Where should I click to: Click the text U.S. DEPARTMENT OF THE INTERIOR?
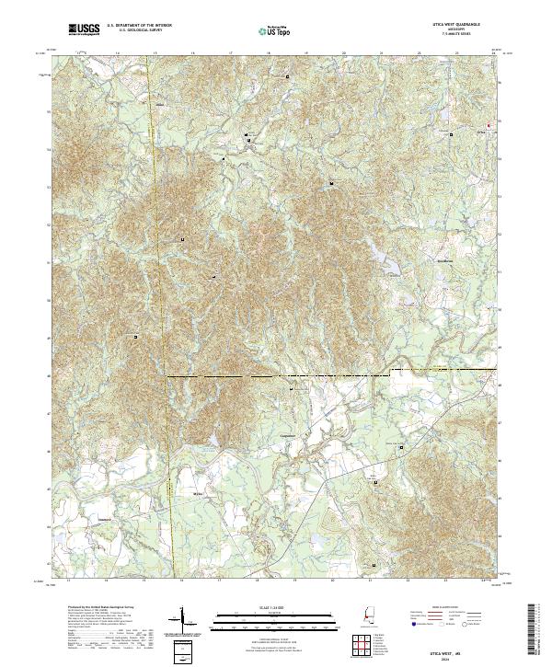click(x=139, y=25)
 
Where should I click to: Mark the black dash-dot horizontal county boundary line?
click(x=276, y=376)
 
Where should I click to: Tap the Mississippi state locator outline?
click(x=362, y=614)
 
